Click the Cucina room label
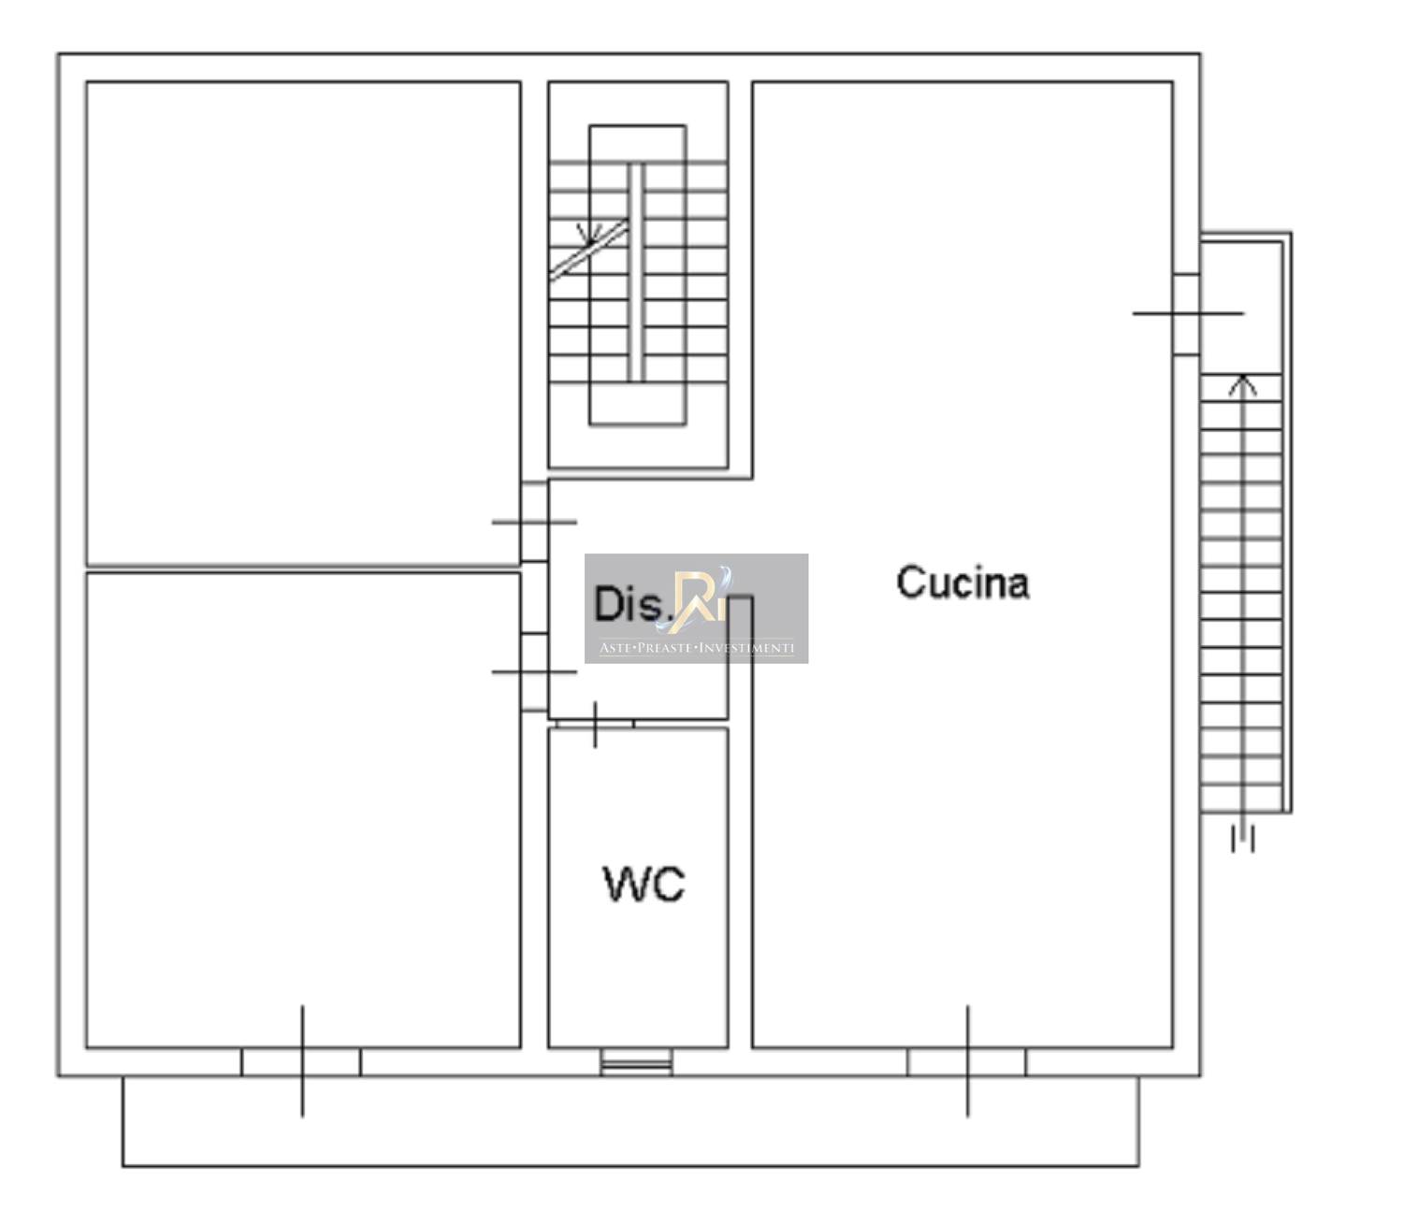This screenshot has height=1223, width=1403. [962, 583]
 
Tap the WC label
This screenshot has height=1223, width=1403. [644, 884]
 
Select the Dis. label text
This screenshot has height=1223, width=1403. [629, 604]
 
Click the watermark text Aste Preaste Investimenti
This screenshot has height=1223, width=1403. [696, 647]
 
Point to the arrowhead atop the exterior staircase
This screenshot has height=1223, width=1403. [1242, 385]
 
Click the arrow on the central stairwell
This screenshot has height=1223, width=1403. [589, 251]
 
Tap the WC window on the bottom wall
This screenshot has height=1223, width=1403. [636, 1062]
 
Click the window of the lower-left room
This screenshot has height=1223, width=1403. [301, 1062]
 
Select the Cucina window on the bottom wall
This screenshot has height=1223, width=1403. [967, 1062]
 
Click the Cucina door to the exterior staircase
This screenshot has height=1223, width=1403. [1187, 314]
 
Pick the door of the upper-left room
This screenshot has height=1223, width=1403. [534, 521]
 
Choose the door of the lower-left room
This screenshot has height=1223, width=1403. [534, 672]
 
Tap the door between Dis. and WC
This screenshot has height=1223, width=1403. [595, 724]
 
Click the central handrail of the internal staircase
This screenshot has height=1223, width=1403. [636, 271]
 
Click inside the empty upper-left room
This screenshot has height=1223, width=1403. [303, 323]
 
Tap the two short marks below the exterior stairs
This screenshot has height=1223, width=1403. [1242, 839]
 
